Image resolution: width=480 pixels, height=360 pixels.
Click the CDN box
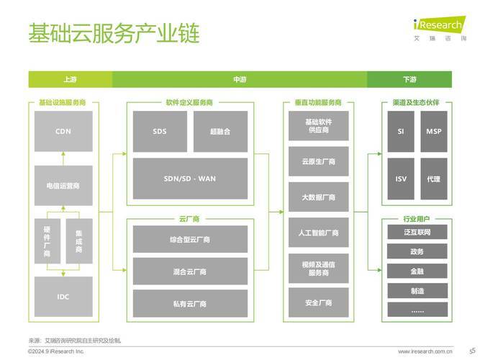(x=63, y=131)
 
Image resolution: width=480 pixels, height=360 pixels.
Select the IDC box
(x=63, y=297)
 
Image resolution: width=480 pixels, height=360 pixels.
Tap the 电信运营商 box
(x=63, y=185)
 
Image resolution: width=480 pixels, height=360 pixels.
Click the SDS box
(x=160, y=132)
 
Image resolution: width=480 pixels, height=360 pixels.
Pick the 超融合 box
(x=220, y=132)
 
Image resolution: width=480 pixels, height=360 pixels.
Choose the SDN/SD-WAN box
(x=190, y=179)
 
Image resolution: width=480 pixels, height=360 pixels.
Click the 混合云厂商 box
(x=190, y=271)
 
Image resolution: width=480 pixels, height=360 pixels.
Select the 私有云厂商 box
(x=190, y=304)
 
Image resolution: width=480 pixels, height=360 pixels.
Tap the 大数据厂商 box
(x=318, y=197)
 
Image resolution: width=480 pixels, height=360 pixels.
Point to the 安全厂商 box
(x=318, y=302)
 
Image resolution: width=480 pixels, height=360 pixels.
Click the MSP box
(x=434, y=132)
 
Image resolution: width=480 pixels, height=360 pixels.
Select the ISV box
(x=401, y=179)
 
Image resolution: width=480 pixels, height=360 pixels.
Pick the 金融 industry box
(x=417, y=271)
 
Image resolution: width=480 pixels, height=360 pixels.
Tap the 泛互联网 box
(x=417, y=232)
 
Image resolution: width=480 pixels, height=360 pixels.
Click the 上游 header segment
(x=71, y=79)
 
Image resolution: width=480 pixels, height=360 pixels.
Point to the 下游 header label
(x=409, y=79)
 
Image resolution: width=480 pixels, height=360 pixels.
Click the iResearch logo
(x=440, y=28)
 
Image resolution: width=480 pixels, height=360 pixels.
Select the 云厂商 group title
(x=189, y=219)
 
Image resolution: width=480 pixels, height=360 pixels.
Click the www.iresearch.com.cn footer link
(x=425, y=351)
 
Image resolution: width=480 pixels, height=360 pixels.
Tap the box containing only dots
(x=417, y=310)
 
